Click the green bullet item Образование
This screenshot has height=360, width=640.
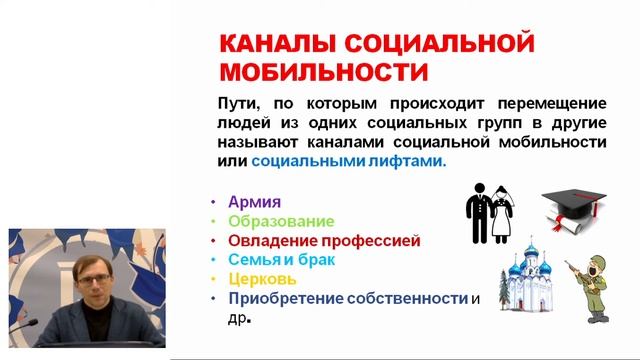281,220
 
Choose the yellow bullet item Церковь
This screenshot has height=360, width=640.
262,278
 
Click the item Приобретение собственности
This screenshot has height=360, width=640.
348,298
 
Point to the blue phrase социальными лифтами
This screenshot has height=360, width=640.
349,161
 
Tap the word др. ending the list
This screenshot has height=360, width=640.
237,318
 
